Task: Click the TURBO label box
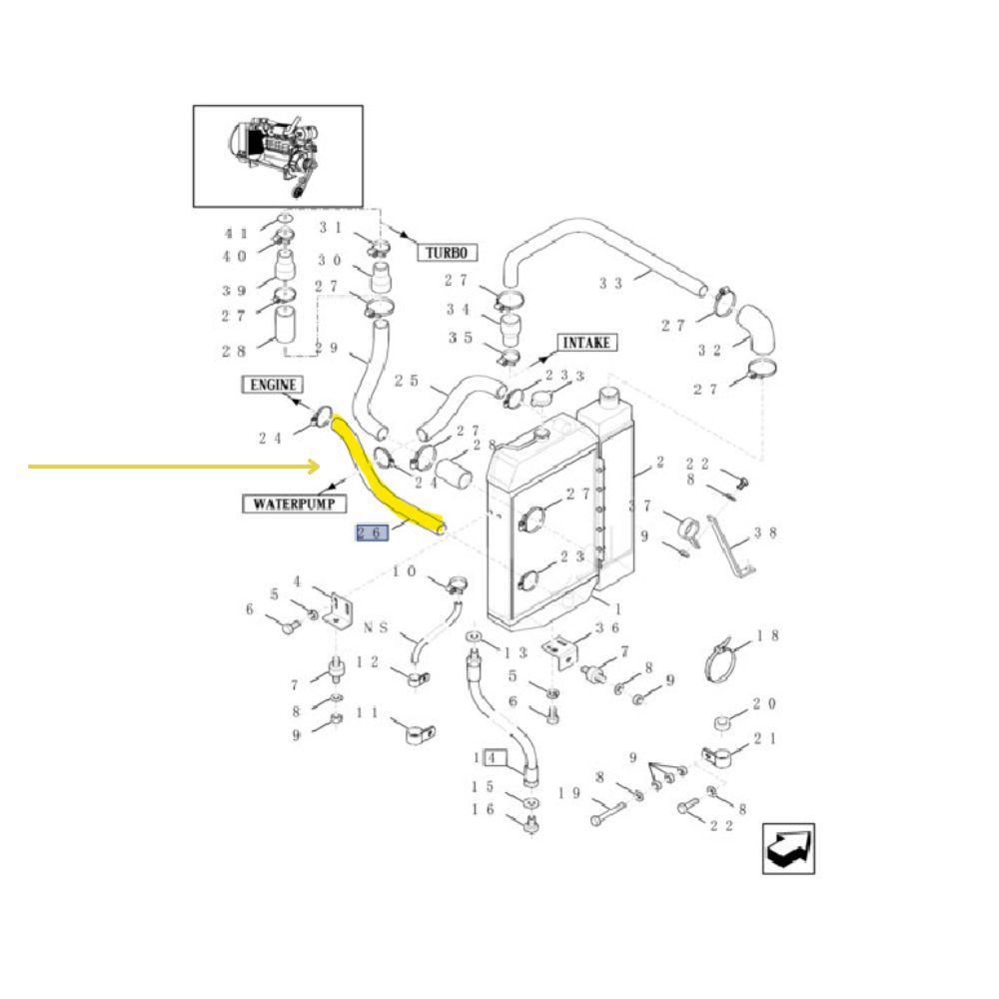coord(447,253)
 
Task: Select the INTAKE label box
coord(586,343)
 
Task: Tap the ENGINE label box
coord(273,385)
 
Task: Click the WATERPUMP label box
coord(295,503)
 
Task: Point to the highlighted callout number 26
coord(372,532)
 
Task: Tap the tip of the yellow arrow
coord(320,467)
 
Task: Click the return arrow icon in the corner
coord(789,848)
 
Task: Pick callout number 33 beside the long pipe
coord(610,283)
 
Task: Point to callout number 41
coord(236,234)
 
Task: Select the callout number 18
coord(767,635)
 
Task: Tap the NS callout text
coord(376,627)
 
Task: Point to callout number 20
coord(764,703)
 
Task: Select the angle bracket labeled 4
coord(339,611)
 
